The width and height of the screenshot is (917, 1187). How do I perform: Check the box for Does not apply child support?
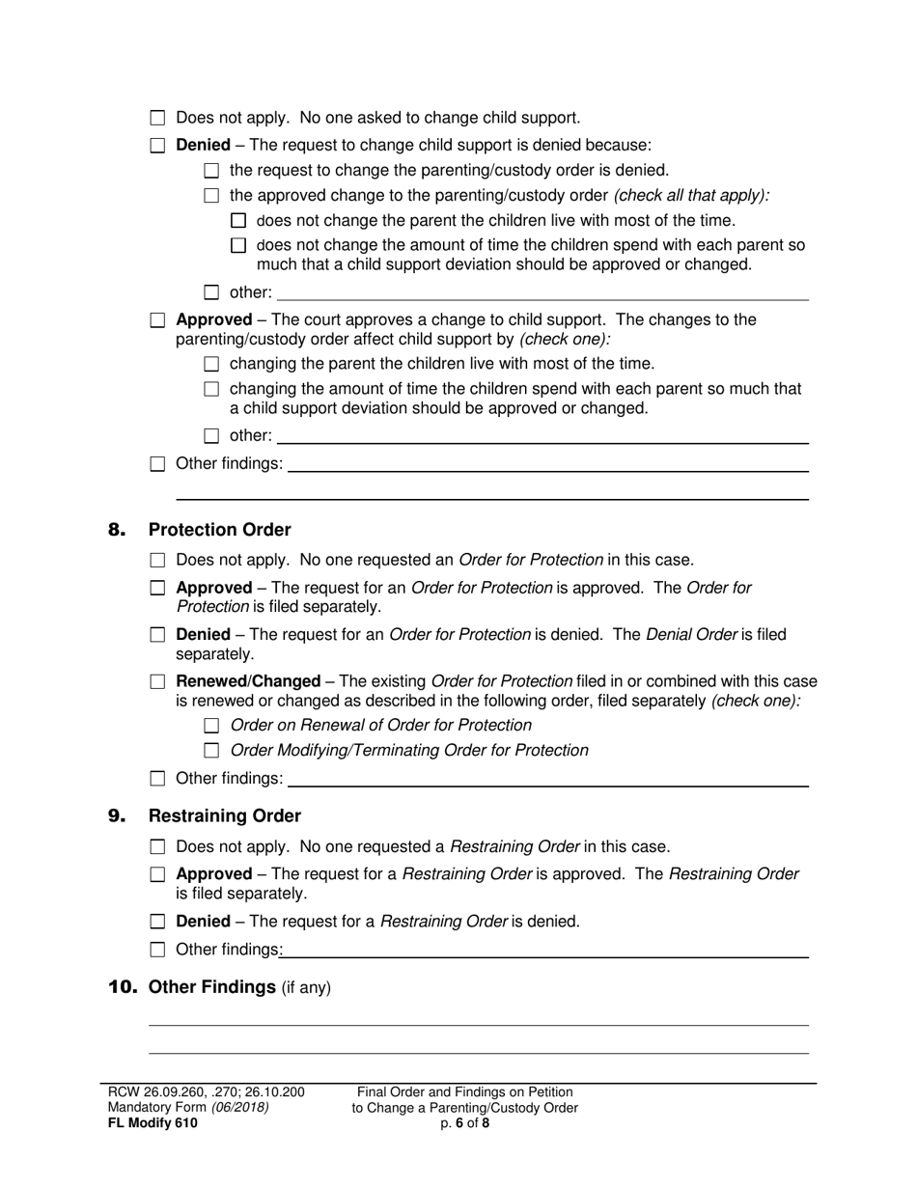click(158, 119)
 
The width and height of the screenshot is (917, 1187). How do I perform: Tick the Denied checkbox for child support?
click(158, 146)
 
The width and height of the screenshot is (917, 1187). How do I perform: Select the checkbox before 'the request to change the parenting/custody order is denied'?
click(212, 171)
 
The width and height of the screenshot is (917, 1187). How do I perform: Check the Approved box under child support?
click(158, 320)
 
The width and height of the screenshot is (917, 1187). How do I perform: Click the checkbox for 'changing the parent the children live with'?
click(212, 365)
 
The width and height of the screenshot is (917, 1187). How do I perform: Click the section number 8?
click(117, 530)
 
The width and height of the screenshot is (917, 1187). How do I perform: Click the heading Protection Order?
click(219, 530)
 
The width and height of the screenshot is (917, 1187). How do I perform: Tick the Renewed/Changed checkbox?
click(158, 682)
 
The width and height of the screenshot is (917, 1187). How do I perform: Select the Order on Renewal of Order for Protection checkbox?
click(212, 726)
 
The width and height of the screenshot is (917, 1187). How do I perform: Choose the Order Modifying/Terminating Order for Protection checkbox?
click(212, 751)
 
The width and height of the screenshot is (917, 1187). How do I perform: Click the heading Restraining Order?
click(224, 816)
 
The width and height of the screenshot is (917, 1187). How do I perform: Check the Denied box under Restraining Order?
click(158, 922)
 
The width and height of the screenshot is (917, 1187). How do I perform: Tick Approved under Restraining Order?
click(158, 875)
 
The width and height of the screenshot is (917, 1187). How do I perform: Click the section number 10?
click(123, 987)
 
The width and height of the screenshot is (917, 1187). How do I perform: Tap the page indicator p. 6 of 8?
click(464, 1122)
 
